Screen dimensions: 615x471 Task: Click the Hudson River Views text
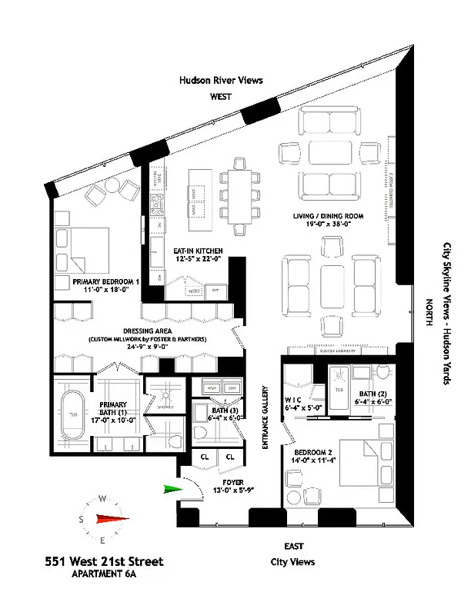coord(221,79)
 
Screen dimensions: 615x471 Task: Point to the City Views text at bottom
coord(292,562)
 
